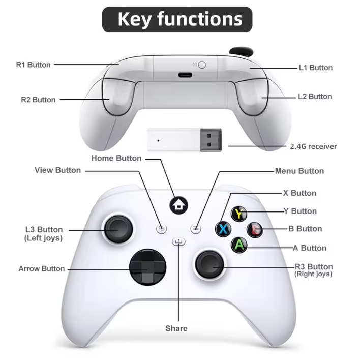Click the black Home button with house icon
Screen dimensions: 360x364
(179, 205)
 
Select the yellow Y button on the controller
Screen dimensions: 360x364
(239, 213)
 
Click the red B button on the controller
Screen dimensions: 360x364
(255, 229)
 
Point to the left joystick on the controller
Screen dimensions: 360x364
(119, 230)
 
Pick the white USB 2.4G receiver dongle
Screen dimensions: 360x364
(186, 141)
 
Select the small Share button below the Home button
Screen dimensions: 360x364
(178, 242)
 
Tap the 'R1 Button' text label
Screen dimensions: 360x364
(34, 65)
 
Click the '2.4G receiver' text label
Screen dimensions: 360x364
(313, 146)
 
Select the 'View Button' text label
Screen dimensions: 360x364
(57, 170)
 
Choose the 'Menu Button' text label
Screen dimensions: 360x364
(299, 171)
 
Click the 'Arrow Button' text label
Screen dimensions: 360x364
(42, 268)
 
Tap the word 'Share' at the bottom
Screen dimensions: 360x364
(176, 328)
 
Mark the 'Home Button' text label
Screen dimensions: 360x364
(116, 158)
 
